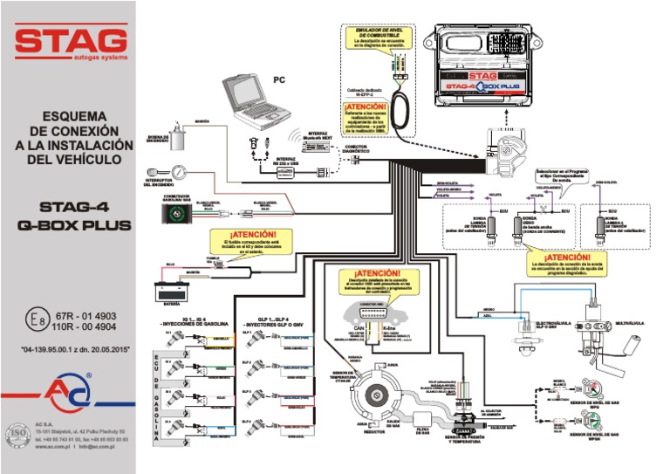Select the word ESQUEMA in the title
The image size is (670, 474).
(68, 115)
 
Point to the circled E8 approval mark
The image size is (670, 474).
(34, 321)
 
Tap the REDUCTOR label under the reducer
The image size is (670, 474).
(375, 430)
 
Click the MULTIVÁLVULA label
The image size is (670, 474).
(629, 323)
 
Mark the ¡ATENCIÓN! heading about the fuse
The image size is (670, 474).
(252, 235)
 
